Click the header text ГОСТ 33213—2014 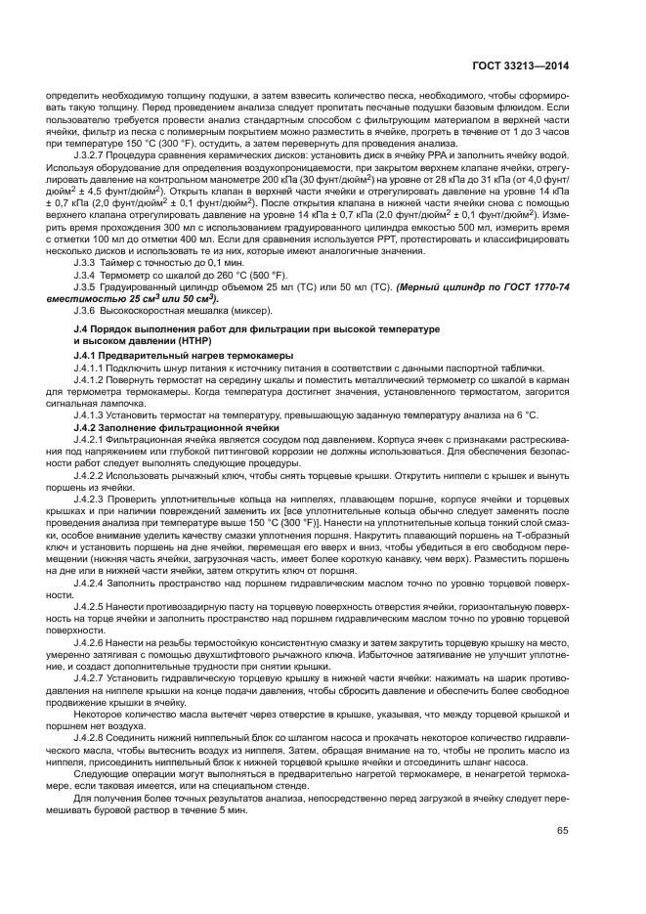pyautogui.click(x=526, y=66)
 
